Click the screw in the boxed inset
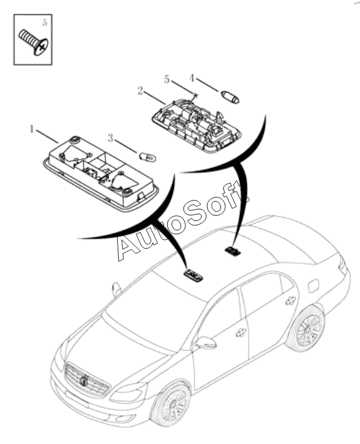coord(34,42)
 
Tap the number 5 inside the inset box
coord(44,23)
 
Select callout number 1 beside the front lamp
coord(32,130)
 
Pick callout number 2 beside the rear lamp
coord(140,91)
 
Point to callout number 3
coord(110,138)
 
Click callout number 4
coord(192,78)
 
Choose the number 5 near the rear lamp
coord(167,80)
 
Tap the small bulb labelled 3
coord(148,157)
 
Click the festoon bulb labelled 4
coord(230,96)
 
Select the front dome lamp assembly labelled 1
coord(101,173)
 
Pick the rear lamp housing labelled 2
coord(196,125)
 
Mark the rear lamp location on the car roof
coord(233,250)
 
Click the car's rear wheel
coord(306,329)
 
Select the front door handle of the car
coord(241,333)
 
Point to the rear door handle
coord(291,301)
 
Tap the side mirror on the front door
coord(207,343)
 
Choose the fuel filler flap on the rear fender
coord(313,286)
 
